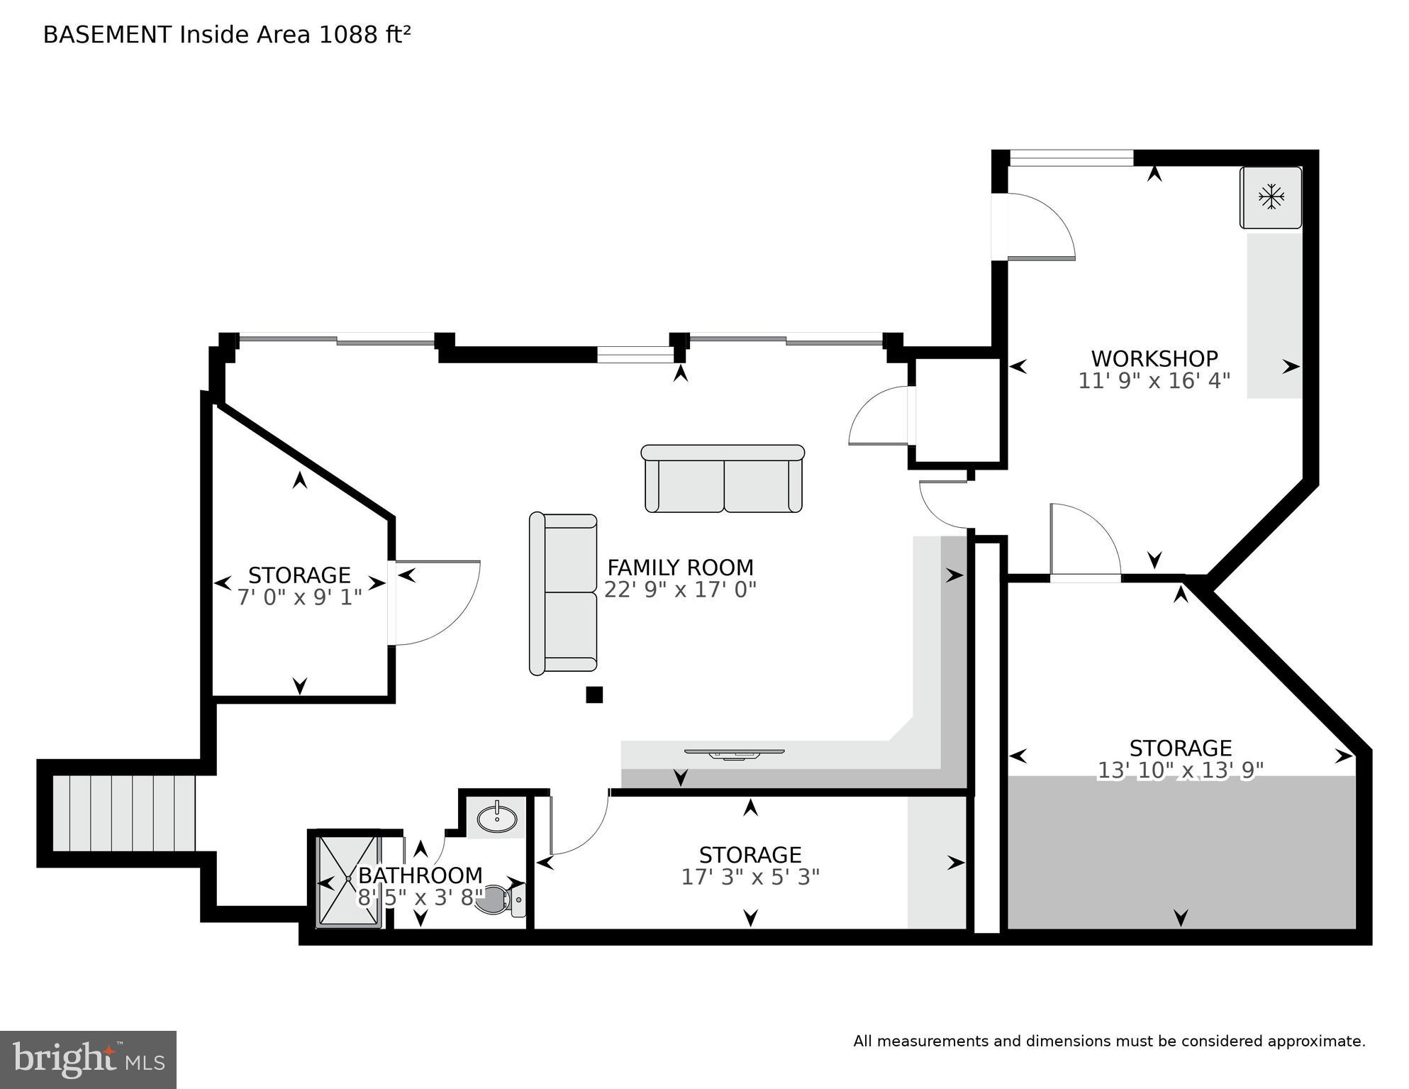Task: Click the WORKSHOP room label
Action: tap(1154, 358)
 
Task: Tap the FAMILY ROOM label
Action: tap(680, 568)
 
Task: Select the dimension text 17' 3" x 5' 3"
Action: tap(750, 878)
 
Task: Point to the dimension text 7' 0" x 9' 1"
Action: tap(299, 597)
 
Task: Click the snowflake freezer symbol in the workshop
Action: tap(1271, 197)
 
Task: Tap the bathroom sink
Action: tap(496, 819)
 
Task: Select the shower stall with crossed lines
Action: tap(348, 880)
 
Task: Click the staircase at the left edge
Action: tap(125, 813)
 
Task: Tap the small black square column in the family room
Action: tap(594, 695)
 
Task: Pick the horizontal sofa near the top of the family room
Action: tap(723, 479)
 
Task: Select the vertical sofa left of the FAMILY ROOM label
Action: tap(564, 593)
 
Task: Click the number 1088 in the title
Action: tap(349, 35)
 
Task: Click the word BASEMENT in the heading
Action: tap(107, 35)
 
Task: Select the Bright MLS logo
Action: tap(88, 1060)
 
